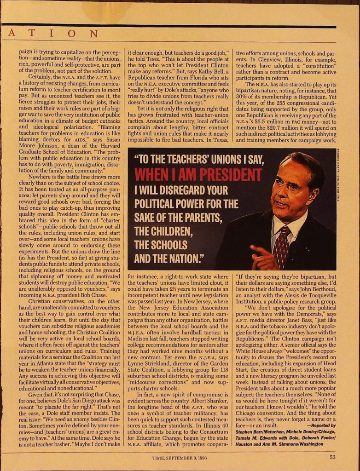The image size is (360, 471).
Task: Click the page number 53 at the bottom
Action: [332, 457]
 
